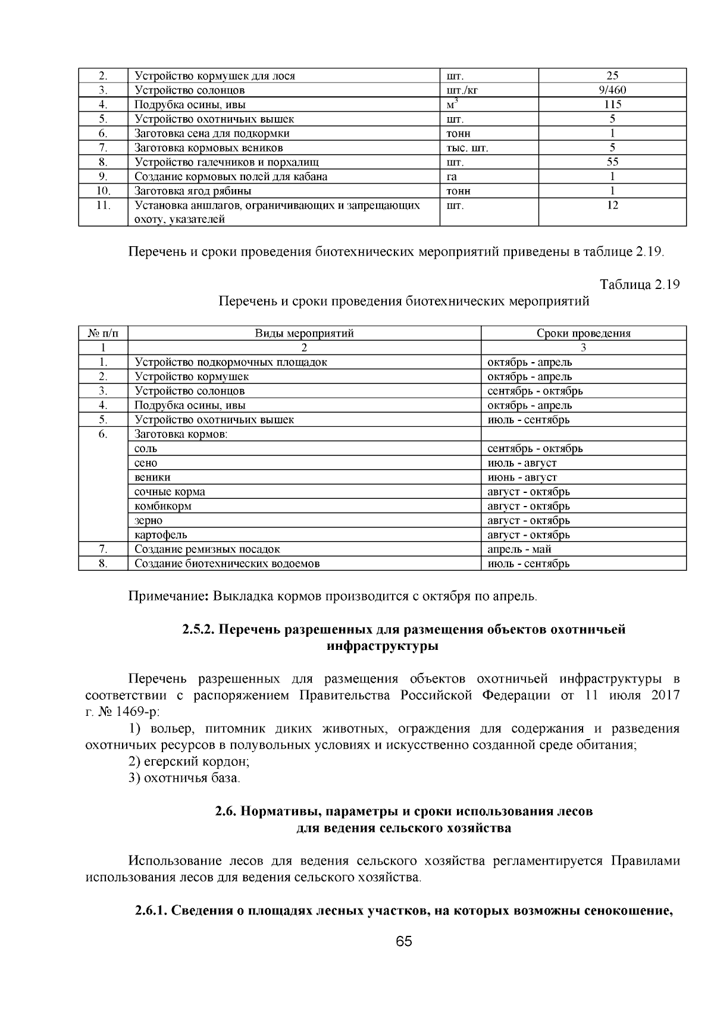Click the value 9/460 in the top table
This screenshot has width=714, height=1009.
click(x=612, y=90)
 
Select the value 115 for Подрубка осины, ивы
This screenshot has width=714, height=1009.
click(x=612, y=105)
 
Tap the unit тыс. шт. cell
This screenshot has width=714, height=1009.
click(x=467, y=148)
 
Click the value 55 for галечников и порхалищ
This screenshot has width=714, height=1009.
click(x=612, y=162)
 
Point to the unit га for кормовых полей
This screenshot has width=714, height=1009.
click(x=452, y=177)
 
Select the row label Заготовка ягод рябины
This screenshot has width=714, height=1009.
click(x=193, y=191)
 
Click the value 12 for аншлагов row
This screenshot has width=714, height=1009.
click(x=612, y=206)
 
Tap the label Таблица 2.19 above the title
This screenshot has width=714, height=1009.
click(x=640, y=284)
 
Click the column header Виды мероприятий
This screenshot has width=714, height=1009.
click(x=304, y=334)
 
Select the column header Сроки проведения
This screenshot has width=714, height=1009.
click(x=583, y=334)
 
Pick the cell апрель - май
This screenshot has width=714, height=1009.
click(x=519, y=549)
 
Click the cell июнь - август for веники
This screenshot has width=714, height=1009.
click(x=522, y=477)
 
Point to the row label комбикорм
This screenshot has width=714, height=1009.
click(x=162, y=506)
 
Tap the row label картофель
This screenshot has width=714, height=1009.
click(x=161, y=535)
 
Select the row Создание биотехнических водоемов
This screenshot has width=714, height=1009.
click(x=227, y=564)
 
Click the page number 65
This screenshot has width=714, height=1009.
click(x=403, y=941)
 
